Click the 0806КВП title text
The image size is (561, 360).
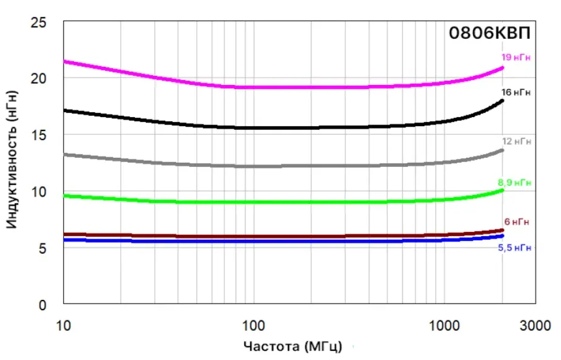coord(489,33)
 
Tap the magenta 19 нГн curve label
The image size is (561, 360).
coord(515,57)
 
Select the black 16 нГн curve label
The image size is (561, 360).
coord(515,92)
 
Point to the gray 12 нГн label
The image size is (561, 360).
coord(516,141)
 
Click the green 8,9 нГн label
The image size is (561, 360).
coord(514,183)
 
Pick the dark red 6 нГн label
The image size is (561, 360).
coord(517,222)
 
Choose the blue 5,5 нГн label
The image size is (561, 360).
coord(514,248)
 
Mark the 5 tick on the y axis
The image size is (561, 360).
coord(42,248)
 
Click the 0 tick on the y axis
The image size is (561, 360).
coord(42,305)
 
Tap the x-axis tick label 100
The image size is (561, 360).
coord(253,325)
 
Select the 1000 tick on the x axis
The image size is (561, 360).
coord(444,325)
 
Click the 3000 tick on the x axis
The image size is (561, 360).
coord(535,325)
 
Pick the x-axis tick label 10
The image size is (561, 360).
coord(64,325)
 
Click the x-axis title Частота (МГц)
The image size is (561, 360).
coord(293,347)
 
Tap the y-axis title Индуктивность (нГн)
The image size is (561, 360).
coord(12,160)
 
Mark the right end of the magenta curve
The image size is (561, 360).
coord(502,67)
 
